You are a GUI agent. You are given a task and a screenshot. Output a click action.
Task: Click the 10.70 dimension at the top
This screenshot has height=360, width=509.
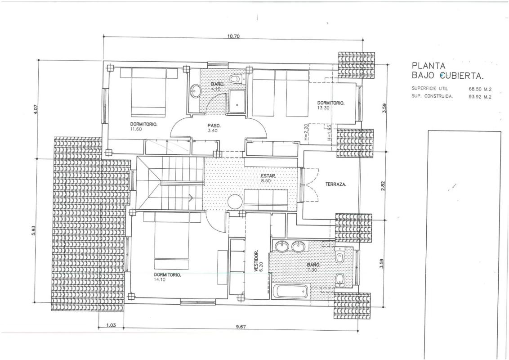[x=233, y=36]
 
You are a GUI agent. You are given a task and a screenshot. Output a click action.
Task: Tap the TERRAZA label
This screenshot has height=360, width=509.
[x=335, y=184]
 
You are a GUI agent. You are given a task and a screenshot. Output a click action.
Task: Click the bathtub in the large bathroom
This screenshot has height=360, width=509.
[x=291, y=292]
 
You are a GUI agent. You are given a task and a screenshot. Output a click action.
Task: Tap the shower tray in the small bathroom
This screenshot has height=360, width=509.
[x=238, y=101]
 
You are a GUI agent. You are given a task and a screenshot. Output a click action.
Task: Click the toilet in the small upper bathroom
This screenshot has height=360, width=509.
[x=235, y=79]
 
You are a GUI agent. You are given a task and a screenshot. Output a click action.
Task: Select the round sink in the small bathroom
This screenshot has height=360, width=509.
[x=196, y=91]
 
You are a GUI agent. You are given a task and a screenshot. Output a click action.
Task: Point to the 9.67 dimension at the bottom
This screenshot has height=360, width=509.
[x=241, y=327]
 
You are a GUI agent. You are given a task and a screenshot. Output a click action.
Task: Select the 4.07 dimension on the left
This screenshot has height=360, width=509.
[x=36, y=108]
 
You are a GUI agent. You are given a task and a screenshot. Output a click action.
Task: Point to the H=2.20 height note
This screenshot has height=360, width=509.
[x=306, y=134]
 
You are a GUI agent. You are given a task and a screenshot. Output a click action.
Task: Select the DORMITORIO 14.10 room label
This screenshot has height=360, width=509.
[x=168, y=277]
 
